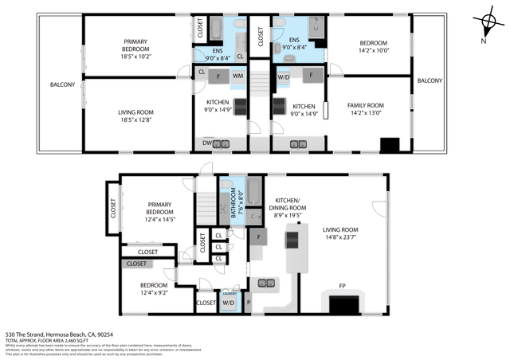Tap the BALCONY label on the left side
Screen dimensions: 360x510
tap(62, 84)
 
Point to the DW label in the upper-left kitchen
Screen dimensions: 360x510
tap(206, 143)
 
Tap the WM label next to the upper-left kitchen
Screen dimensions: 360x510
tap(237, 76)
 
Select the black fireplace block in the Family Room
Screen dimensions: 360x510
tap(390, 145)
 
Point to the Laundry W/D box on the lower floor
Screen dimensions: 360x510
tap(228, 302)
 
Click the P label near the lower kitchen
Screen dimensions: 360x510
tap(248, 303)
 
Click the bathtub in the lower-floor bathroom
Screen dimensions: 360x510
tap(254, 191)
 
